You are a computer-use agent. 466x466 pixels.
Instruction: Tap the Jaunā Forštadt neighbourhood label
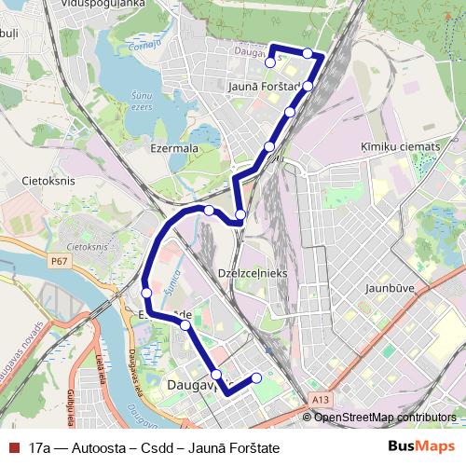coord(262,87)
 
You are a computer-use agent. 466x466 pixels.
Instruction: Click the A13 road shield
coord(321,400)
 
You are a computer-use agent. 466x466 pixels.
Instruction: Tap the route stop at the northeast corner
coord(307,53)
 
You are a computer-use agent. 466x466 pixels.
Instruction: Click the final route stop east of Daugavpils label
coord(257,377)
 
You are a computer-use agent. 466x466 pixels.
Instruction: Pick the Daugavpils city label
coord(191,384)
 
